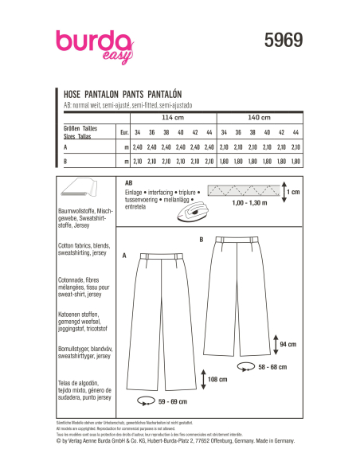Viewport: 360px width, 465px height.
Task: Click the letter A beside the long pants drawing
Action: pos(125,256)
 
